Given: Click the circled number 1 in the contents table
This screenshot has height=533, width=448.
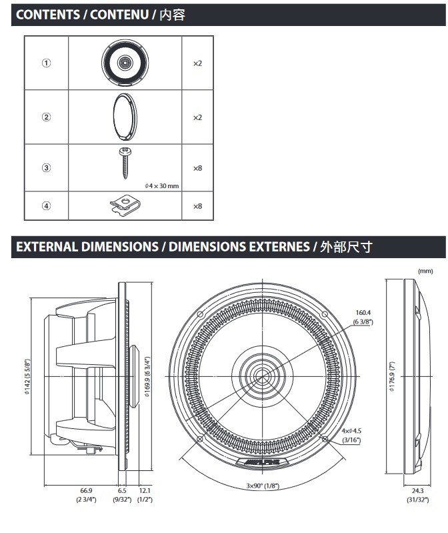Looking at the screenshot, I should (47, 63).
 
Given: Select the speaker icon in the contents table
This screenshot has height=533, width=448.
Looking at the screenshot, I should (124, 63).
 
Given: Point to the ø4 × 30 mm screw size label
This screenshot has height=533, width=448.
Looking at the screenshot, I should (162, 185).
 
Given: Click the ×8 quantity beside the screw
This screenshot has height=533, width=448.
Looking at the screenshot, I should (197, 167).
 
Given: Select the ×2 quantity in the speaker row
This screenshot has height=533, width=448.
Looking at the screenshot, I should (197, 63).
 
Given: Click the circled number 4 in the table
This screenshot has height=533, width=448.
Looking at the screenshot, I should (47, 206).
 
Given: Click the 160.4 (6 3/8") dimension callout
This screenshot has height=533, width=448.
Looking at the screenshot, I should (363, 316).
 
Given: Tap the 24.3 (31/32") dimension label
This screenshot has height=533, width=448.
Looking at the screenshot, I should (419, 494).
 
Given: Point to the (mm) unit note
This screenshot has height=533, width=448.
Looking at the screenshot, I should (425, 271).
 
